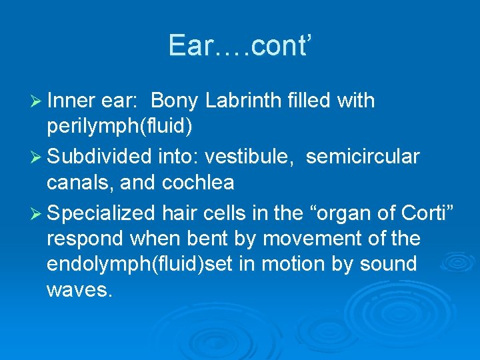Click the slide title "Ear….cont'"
point(239,45)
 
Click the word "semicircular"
point(363,157)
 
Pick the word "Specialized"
point(103,213)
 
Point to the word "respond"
point(87,237)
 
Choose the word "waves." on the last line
point(77,289)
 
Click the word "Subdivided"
point(100,157)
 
